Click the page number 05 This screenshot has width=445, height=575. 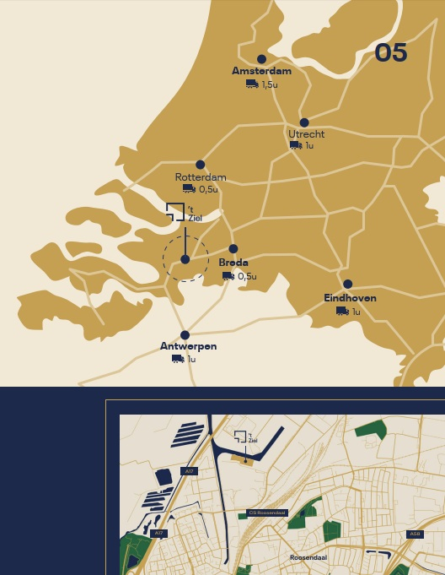coord(391,53)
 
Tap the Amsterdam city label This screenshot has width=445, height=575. coord(261,71)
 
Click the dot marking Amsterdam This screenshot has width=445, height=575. coord(261,59)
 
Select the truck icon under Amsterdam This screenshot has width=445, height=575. coord(252,84)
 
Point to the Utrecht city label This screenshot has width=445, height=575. coord(306,134)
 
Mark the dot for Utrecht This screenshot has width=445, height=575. coord(304,122)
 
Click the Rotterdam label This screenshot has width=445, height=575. coord(201,177)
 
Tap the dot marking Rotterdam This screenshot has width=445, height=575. coord(200,165)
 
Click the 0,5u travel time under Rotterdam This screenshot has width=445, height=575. coord(208,190)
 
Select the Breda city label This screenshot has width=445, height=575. coord(233,263)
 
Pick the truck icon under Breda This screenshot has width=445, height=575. coord(228,276)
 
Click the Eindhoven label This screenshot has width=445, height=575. coord(350,298)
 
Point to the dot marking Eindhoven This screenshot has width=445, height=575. coord(347,285)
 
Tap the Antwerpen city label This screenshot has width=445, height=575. coord(188,346)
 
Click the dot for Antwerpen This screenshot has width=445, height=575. coord(185,335)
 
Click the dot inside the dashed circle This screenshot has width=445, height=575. coord(185,259)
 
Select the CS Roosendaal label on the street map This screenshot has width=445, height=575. coord(268,513)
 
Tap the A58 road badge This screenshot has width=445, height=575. coord(414,534)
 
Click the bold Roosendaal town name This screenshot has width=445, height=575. coord(308,557)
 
